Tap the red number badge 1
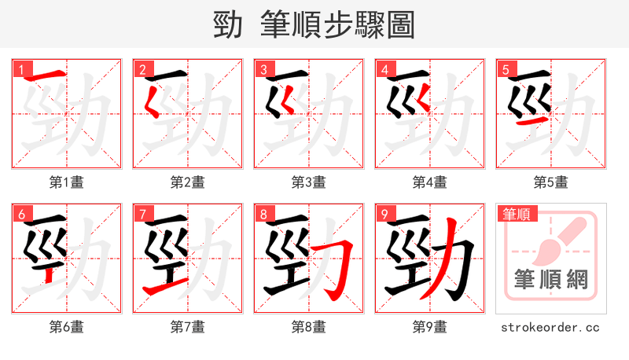click(20, 68)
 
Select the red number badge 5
click(504, 68)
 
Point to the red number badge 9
click(383, 213)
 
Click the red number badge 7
click(141, 213)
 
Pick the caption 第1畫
click(66, 182)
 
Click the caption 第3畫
click(308, 182)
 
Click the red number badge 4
click(383, 68)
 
